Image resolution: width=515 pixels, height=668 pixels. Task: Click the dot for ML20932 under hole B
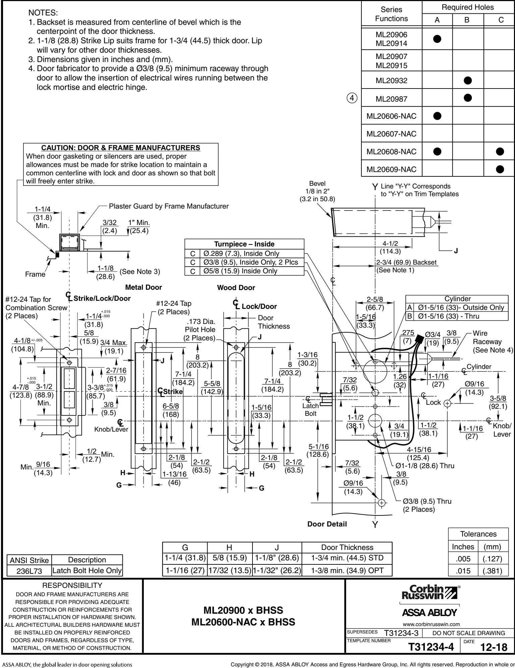[468, 80]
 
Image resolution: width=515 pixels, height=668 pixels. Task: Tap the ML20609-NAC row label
[392, 169]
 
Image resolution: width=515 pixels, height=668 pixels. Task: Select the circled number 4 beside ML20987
[352, 99]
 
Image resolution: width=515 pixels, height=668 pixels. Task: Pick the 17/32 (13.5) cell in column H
[229, 569]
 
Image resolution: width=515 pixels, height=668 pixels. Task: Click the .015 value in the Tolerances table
[463, 571]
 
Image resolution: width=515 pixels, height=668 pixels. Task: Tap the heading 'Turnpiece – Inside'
[244, 244]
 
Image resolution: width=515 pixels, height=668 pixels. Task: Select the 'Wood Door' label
[236, 287]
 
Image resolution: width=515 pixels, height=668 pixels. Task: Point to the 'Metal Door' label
[144, 287]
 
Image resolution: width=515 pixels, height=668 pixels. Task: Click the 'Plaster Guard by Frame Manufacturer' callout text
[169, 206]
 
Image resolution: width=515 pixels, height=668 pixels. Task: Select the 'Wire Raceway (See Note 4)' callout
[492, 342]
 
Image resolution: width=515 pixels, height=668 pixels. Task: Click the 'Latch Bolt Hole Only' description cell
[87, 571]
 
